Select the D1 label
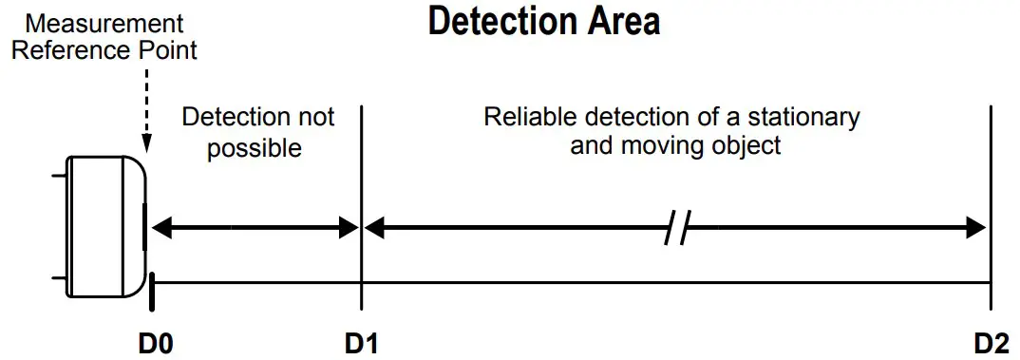pos(362,342)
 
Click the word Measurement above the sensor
pos(98,22)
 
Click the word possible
pos(254,147)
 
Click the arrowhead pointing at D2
pos(978,228)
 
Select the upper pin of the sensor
pos(59,175)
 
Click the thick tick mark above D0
pos(152,290)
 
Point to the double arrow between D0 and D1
pos(255,228)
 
